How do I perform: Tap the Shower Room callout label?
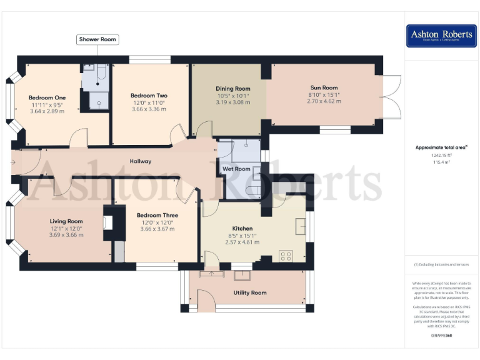pyautogui.click(x=97, y=39)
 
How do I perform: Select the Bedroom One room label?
pyautogui.click(x=47, y=97)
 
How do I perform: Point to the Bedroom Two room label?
pyautogui.click(x=149, y=96)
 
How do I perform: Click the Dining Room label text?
pyautogui.click(x=232, y=89)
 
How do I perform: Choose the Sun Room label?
pyautogui.click(x=324, y=87)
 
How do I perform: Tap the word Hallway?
pyautogui.click(x=141, y=161)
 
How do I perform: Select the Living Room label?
pyautogui.click(x=66, y=221)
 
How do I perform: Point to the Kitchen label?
pyautogui.click(x=242, y=229)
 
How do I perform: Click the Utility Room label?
pyautogui.click(x=250, y=292)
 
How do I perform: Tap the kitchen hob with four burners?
pyautogui.click(x=286, y=255)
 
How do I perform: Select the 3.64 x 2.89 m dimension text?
pyautogui.click(x=47, y=111)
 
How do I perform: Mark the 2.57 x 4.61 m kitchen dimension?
pyautogui.click(x=242, y=242)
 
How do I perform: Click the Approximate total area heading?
pyautogui.click(x=441, y=147)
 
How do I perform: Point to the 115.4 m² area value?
pyautogui.click(x=441, y=162)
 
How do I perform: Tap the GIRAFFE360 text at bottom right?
pyautogui.click(x=441, y=336)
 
